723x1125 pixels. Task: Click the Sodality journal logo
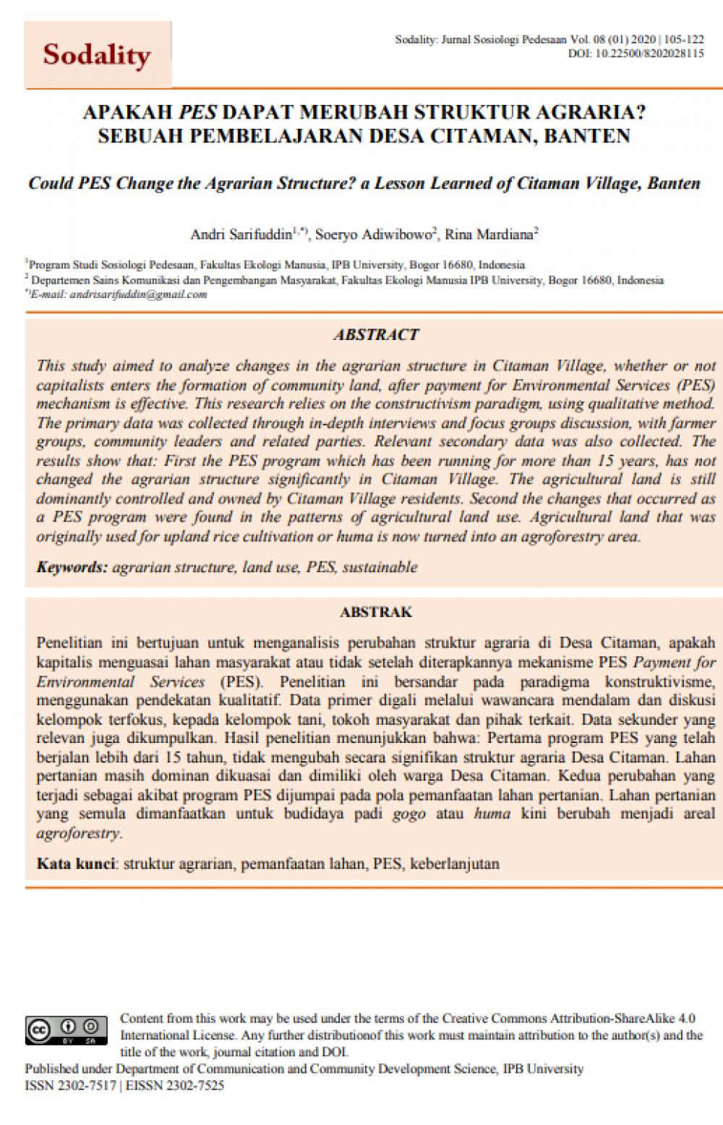[x=97, y=55]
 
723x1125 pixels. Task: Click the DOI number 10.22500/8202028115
[x=649, y=54]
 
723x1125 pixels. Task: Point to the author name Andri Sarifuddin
[x=241, y=234]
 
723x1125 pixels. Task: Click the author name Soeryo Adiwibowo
[x=373, y=234]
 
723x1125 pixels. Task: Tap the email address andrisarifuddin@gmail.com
[x=138, y=294]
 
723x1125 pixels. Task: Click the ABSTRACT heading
[x=376, y=334]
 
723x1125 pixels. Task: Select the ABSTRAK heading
[x=376, y=612]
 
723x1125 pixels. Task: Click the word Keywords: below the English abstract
[x=72, y=567]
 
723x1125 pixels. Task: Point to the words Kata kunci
[x=76, y=864]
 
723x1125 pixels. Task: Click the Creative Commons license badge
[x=66, y=1030]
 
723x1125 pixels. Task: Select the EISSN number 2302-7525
[x=194, y=1085]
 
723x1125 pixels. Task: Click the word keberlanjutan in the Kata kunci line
[x=455, y=864]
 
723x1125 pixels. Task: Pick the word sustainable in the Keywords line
[x=380, y=567]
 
